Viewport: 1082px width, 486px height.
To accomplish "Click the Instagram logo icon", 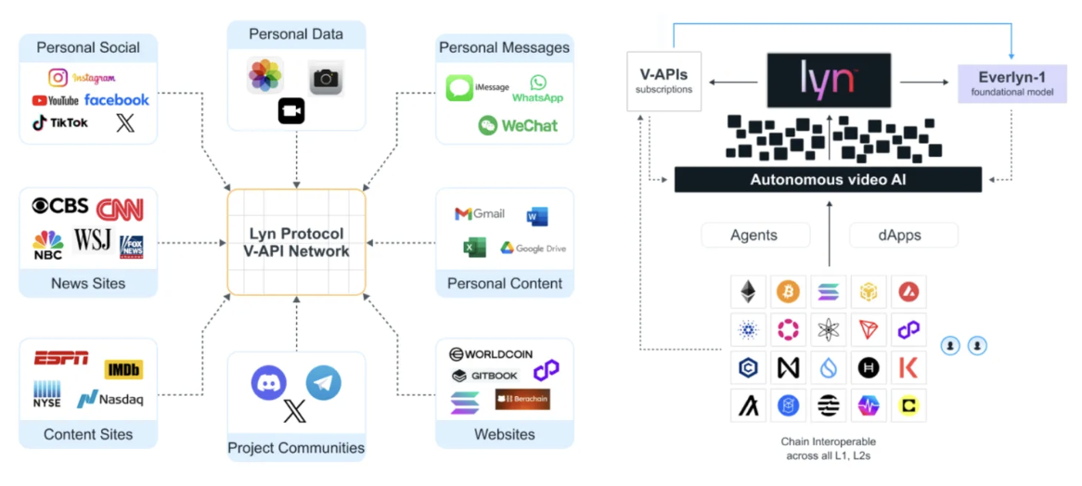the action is tap(58, 78).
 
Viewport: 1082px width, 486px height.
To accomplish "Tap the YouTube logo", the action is tap(55, 101).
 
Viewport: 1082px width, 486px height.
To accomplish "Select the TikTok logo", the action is tap(60, 122).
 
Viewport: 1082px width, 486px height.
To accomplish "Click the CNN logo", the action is tap(120, 209).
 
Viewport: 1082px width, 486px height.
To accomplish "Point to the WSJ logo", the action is tap(92, 240).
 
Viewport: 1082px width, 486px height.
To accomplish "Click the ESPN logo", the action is tap(61, 358).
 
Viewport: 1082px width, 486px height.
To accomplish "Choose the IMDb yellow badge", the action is tap(123, 369).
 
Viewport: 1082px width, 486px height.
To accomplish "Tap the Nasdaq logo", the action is tap(110, 399).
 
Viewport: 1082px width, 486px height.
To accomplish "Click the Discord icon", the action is tap(269, 383).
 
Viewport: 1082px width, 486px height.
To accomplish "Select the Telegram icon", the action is tap(324, 383).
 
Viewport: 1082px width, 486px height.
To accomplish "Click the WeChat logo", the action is tap(518, 125).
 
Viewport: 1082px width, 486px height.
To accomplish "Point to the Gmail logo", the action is tap(480, 213).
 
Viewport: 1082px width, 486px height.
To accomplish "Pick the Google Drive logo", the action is tap(534, 248).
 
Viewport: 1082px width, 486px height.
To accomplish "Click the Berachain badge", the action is tap(522, 399).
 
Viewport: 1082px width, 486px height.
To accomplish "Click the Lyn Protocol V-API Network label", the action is tap(296, 242).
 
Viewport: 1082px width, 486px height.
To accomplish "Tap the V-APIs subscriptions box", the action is tap(663, 80).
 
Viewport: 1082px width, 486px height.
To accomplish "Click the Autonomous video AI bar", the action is tap(828, 180).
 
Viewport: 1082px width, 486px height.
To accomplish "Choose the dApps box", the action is tap(904, 235).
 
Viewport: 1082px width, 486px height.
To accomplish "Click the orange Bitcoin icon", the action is tap(788, 292).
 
